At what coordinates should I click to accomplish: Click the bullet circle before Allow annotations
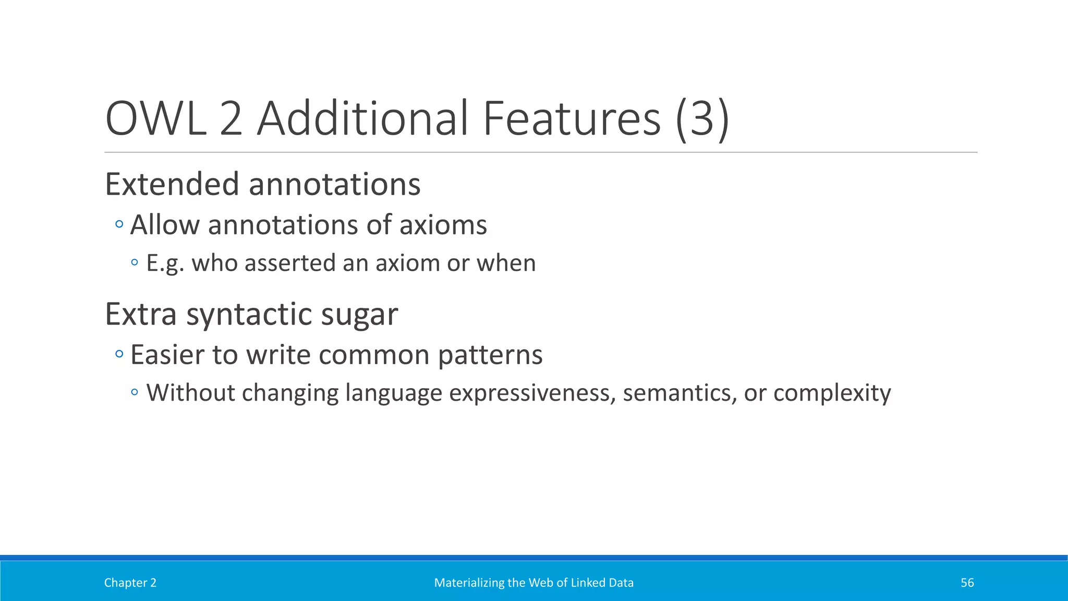119,224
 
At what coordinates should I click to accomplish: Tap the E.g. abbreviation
165,263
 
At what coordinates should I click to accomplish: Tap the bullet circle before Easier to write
119,354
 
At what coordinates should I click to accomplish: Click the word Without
190,393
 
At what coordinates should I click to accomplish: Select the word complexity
832,393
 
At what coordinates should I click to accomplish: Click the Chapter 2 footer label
130,583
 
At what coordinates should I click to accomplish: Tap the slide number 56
967,583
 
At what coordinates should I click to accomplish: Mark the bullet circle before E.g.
135,262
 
